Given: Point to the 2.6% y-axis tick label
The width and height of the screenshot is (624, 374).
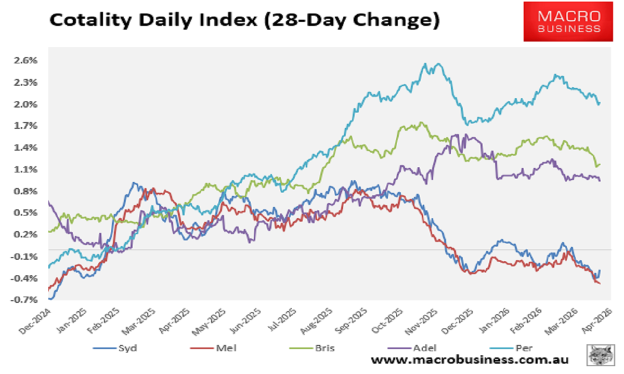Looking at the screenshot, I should coord(26,60).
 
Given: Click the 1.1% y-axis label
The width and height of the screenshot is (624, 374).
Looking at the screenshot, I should coord(26,169).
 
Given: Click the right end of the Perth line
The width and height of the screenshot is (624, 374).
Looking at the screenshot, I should coord(600,103).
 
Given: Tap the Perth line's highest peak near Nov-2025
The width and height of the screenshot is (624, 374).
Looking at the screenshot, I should coord(425,64).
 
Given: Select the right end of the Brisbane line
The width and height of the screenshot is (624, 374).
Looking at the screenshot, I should coord(600,165).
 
